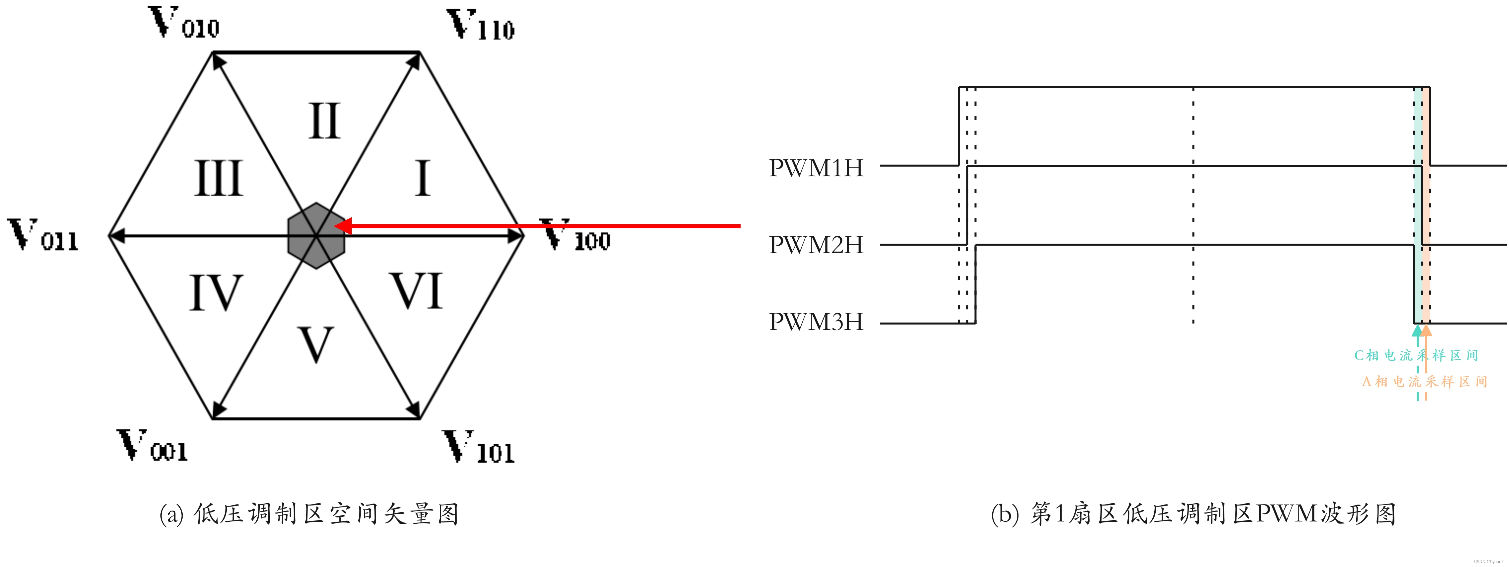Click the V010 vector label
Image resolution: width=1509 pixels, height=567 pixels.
pyautogui.click(x=183, y=24)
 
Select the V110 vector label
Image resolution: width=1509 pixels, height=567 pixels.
pyautogui.click(x=480, y=26)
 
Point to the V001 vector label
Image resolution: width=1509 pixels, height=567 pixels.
pyautogui.click(x=152, y=446)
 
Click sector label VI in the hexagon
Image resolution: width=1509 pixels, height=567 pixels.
pyautogui.click(x=416, y=291)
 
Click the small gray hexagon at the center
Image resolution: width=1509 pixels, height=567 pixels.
pyautogui.click(x=316, y=236)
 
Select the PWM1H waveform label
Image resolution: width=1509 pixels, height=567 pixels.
pyautogui.click(x=816, y=168)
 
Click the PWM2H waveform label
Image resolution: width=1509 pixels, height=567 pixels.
pyautogui.click(x=816, y=245)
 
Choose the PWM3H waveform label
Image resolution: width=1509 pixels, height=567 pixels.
pyautogui.click(x=816, y=322)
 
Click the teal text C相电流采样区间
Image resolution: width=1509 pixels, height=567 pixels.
pyautogui.click(x=1416, y=355)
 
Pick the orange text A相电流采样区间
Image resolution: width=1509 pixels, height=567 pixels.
pyautogui.click(x=1424, y=382)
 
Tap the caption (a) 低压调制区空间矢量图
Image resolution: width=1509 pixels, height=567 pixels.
pyautogui.click(x=309, y=514)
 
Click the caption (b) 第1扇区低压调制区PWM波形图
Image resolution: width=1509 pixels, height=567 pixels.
pyautogui.click(x=1193, y=514)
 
